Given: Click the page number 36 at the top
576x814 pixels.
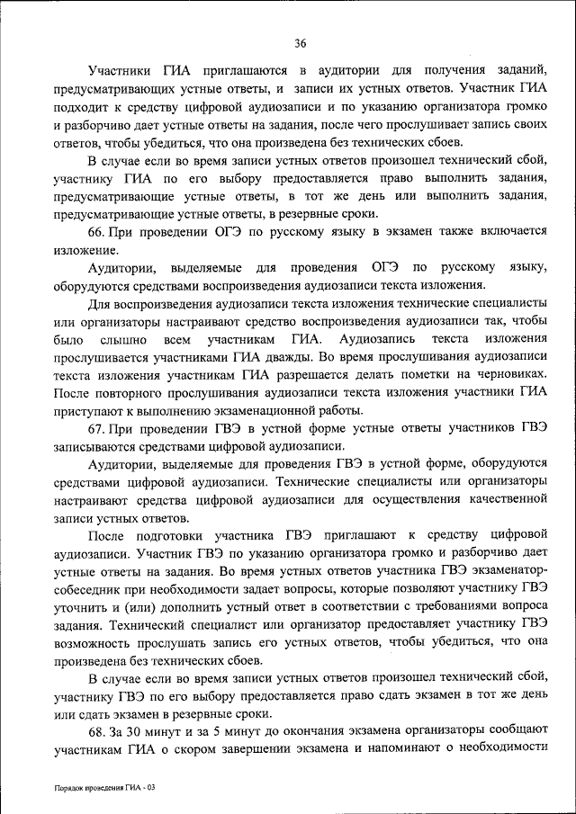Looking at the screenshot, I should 301,42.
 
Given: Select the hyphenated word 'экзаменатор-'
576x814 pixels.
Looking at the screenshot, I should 505,570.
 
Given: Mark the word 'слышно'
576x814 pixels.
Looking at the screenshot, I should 122,338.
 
